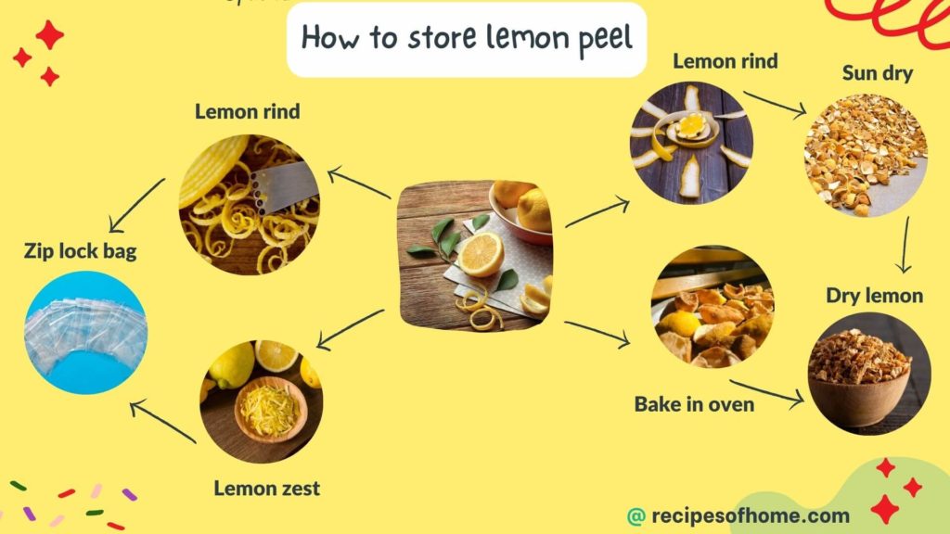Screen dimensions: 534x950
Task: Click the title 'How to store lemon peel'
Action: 466,38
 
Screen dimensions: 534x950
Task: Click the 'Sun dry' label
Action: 877,73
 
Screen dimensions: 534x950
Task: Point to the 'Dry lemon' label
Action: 875,296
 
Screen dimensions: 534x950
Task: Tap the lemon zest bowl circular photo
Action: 263,401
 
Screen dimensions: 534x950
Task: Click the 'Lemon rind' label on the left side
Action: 247,111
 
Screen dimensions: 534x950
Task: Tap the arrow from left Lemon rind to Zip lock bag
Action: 137,207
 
